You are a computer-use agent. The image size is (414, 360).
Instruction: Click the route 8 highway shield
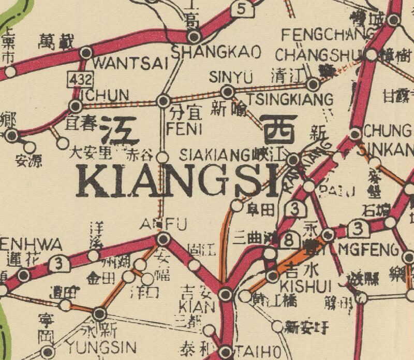coord(290,239)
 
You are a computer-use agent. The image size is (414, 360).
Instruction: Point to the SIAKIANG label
coord(215,154)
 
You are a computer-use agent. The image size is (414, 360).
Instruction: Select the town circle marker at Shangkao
coord(194,37)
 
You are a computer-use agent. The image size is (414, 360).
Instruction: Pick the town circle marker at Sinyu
coord(227,92)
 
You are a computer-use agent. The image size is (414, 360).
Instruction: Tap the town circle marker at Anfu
coord(164,239)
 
